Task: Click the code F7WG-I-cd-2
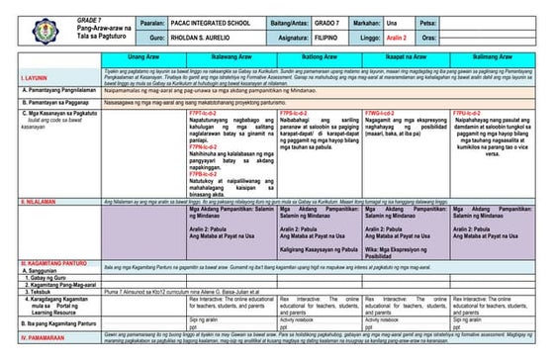383,114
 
